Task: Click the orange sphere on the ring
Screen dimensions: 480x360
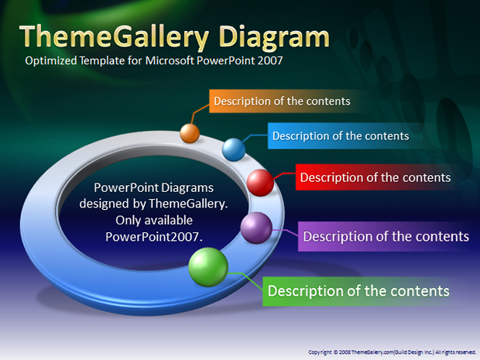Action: coord(190,133)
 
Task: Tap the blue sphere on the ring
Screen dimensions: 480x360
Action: coord(234,149)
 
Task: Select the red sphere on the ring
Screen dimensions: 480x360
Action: coord(260,183)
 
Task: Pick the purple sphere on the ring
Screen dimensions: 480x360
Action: coord(256,228)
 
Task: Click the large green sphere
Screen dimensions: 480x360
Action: coord(208,267)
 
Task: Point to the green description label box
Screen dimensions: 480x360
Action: coord(358,291)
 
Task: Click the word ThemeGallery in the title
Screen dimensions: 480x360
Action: coord(114,38)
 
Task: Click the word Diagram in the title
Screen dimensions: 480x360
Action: coord(274,38)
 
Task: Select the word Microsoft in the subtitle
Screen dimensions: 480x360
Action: coord(170,60)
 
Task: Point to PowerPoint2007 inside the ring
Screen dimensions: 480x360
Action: coord(154,237)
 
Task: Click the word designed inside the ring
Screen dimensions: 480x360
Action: coord(105,204)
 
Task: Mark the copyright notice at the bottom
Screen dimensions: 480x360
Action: coord(393,352)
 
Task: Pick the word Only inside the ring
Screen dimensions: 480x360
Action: coord(129,221)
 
